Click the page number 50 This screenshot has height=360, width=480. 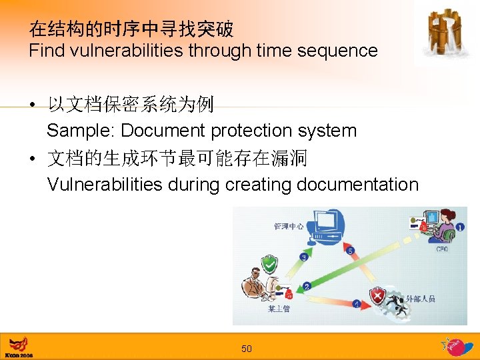pos(247,349)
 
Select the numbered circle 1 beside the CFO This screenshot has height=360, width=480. pos(460,227)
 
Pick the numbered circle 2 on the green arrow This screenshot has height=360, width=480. pos(307,287)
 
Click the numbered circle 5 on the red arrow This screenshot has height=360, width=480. pos(350,251)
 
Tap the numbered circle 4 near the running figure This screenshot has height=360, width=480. pos(357,304)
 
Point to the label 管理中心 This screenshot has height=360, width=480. pos(289,227)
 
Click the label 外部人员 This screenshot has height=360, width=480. pos(421,299)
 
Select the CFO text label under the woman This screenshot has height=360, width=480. pos(442,249)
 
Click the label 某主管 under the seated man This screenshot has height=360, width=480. pos(279,309)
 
